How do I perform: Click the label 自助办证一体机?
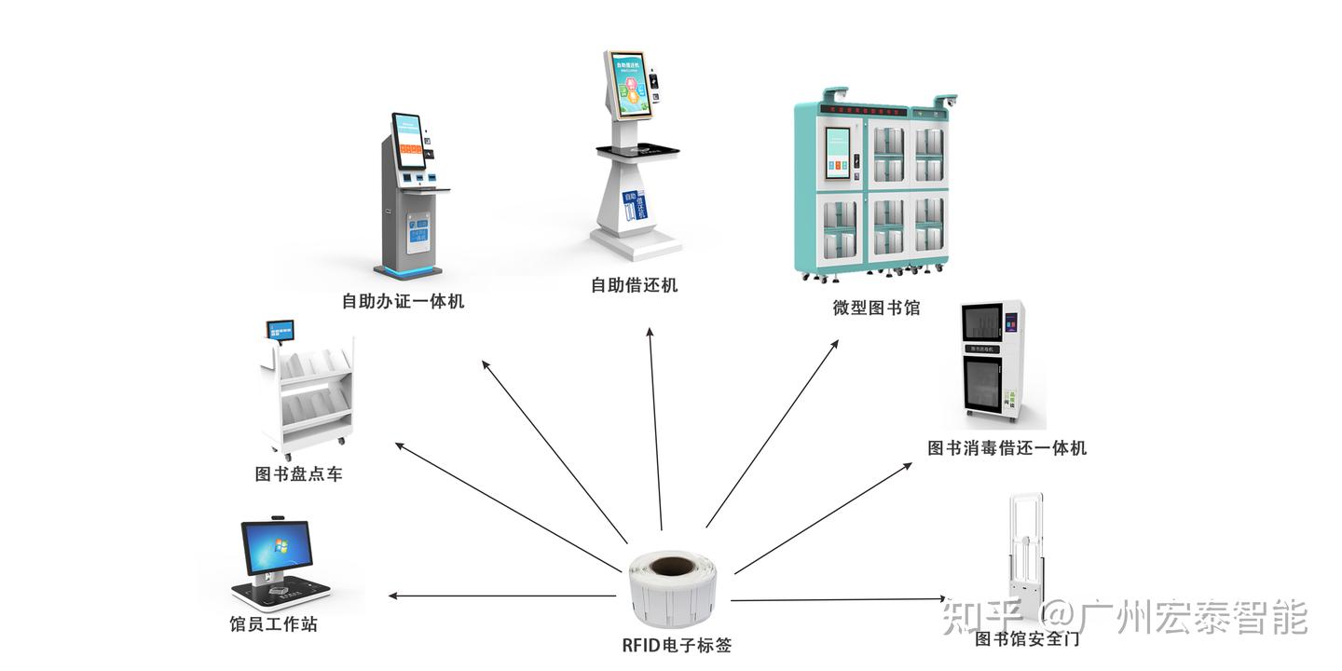point(403,302)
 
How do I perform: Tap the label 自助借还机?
point(634,285)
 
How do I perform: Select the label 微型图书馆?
point(876,308)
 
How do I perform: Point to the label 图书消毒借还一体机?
point(1006,448)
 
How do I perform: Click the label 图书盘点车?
point(298,474)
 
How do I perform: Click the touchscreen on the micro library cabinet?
point(844,152)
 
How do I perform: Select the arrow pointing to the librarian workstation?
point(503,596)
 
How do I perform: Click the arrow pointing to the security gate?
point(839,599)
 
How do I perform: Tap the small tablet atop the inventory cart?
point(280,330)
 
